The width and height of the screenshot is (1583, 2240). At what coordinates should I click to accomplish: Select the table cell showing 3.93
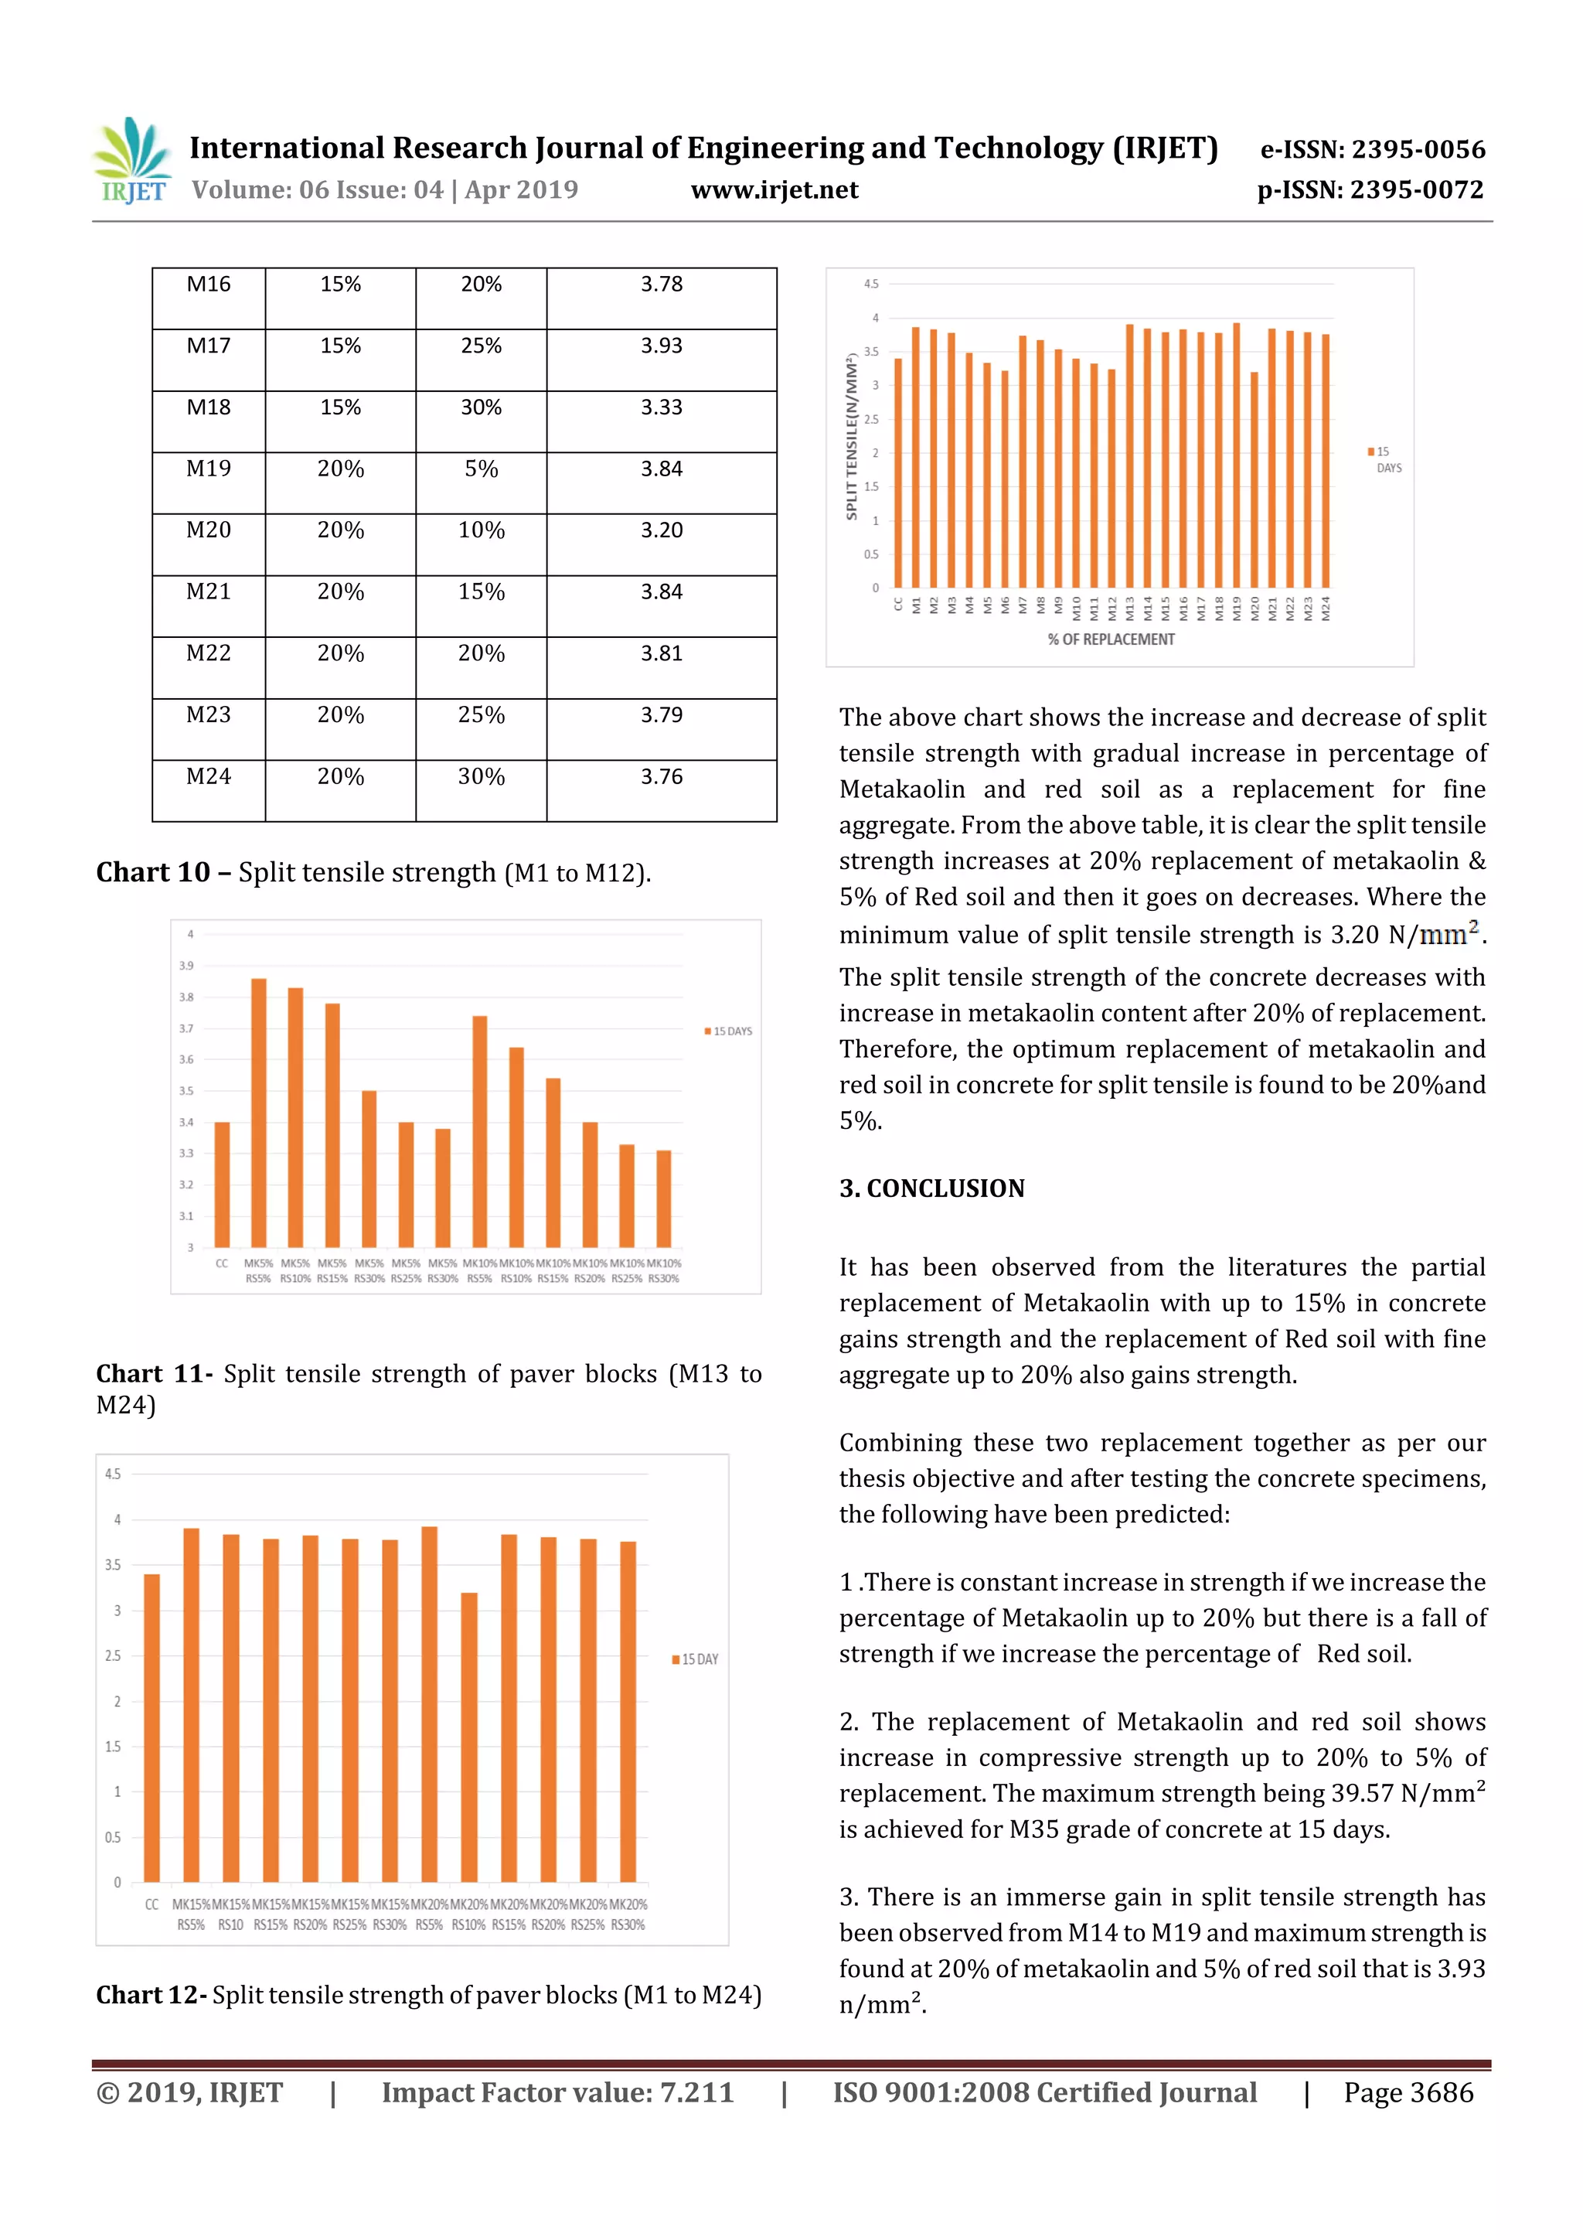(662, 346)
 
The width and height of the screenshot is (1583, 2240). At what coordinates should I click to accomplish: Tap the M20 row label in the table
(209, 530)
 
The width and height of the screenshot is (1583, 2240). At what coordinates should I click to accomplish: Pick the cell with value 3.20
(662, 530)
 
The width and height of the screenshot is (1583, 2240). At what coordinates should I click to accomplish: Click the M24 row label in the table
(209, 778)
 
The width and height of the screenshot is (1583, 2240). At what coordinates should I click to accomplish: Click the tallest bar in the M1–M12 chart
(258, 1112)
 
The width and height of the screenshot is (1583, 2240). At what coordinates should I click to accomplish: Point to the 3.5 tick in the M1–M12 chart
(186, 1091)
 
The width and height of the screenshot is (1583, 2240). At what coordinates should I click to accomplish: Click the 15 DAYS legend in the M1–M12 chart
(729, 1031)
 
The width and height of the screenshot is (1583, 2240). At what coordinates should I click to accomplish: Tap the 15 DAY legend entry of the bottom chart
(696, 1659)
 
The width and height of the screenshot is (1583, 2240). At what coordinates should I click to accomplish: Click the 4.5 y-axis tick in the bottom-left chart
(113, 1475)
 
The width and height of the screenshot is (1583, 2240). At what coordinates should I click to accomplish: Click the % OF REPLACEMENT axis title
(1111, 640)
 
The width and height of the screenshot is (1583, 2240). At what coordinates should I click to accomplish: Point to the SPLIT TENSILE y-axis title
(853, 436)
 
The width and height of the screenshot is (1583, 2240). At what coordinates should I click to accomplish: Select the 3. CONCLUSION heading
(931, 1188)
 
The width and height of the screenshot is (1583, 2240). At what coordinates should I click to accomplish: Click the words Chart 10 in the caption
(153, 872)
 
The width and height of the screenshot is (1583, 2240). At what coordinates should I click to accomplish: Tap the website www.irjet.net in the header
(774, 190)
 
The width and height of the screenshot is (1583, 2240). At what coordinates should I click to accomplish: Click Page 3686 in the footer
(1408, 2092)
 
